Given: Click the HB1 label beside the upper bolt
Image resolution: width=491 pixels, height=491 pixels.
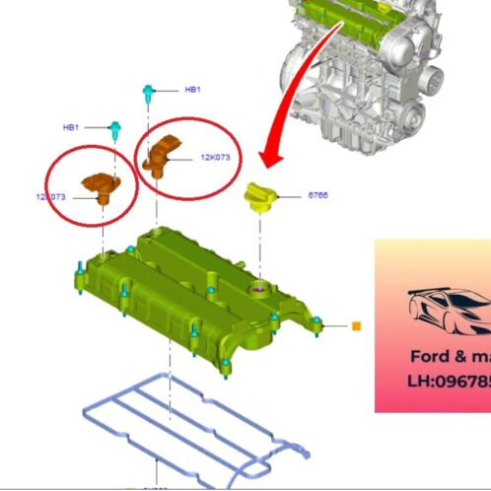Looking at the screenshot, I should [192, 90].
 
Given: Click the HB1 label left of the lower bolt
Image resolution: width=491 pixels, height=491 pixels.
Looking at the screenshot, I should [71, 127].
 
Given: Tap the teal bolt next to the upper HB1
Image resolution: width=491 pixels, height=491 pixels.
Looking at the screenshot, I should [147, 92].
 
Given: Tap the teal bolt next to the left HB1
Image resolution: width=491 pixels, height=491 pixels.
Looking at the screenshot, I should [115, 128].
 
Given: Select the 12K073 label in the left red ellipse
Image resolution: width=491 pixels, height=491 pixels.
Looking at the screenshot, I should [51, 197].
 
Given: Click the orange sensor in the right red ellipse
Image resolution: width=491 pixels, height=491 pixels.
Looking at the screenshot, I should [161, 155].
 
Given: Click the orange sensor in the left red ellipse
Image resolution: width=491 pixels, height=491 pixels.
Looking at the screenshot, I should [101, 185].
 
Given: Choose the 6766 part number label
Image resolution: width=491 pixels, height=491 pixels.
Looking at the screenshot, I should [317, 195].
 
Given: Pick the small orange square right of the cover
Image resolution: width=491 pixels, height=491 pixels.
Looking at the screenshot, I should [357, 325].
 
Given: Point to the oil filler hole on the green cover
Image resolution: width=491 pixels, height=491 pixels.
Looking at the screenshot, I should [259, 290].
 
